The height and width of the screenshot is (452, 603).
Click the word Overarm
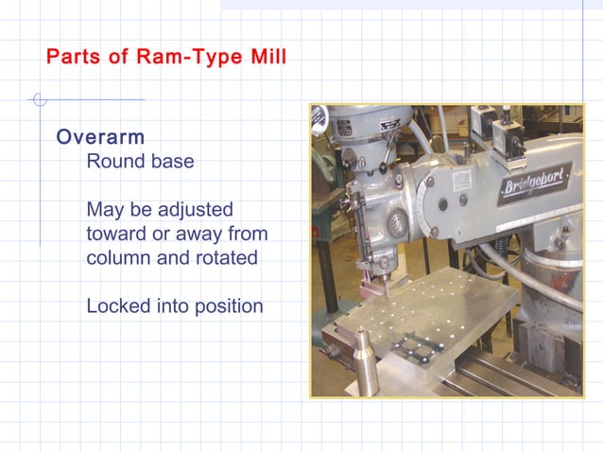click(x=100, y=137)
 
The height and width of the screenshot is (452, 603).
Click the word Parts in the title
click(x=74, y=58)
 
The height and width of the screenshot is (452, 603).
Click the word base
click(x=174, y=162)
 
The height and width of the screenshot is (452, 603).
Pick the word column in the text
click(x=116, y=258)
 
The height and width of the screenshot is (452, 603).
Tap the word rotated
click(x=223, y=258)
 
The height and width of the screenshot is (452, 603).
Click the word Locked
click(x=117, y=306)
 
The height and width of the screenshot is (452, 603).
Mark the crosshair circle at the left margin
click(x=38, y=99)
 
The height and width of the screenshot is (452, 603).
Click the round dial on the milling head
click(x=398, y=223)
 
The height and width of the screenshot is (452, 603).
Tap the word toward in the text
click(x=117, y=234)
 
